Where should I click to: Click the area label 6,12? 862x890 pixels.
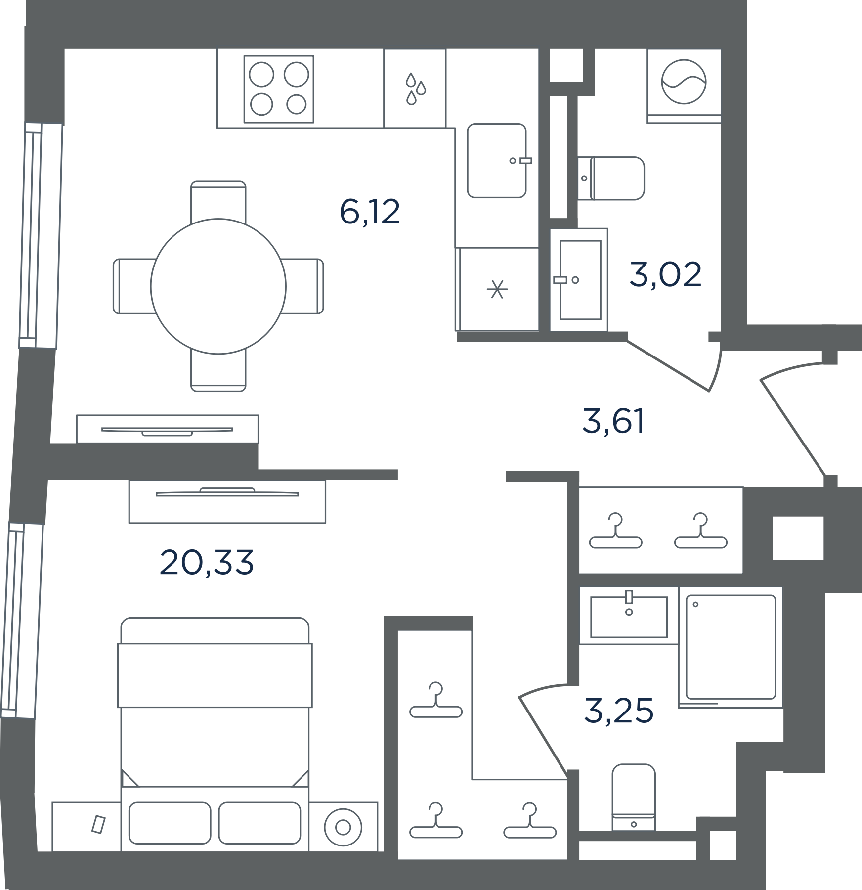point(370,212)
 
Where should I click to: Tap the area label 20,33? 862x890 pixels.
point(207,562)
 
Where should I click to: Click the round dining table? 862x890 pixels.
point(218,286)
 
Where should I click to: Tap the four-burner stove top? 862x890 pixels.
point(279,89)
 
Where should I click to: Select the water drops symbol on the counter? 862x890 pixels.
point(415,89)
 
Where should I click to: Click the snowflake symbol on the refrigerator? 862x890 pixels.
point(497,289)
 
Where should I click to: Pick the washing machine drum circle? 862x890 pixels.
point(684,82)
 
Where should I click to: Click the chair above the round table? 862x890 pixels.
point(218,200)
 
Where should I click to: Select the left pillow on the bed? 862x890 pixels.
point(170,823)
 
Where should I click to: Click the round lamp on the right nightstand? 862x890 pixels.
point(343,827)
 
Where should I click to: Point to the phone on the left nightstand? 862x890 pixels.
point(99,824)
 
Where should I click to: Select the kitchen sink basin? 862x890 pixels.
point(497,161)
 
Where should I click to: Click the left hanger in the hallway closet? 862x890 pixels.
point(616,531)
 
